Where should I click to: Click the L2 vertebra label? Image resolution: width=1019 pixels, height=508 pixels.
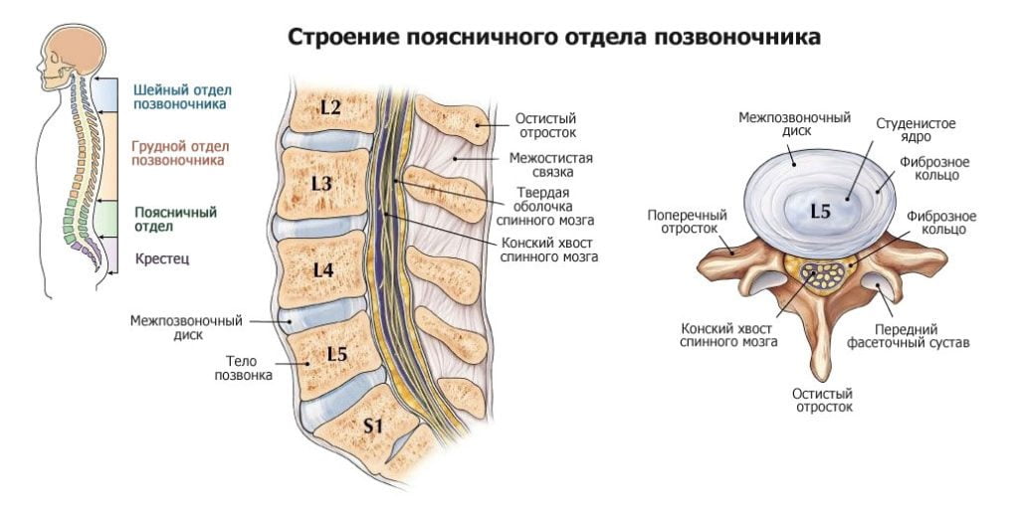[330, 107]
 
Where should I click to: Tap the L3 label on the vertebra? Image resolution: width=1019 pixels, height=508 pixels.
[320, 183]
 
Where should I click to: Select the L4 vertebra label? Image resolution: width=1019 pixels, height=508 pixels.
[321, 269]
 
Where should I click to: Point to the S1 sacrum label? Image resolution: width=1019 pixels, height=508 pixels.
[372, 425]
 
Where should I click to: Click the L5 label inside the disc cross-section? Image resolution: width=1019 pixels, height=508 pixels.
[819, 211]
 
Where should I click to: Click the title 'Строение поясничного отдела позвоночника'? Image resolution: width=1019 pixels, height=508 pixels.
[554, 38]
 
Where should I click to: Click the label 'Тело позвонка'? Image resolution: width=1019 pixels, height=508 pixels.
[243, 369]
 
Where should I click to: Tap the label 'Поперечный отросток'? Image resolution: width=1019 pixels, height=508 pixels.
[687, 221]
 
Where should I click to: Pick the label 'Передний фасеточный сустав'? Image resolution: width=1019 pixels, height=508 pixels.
[921, 336]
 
